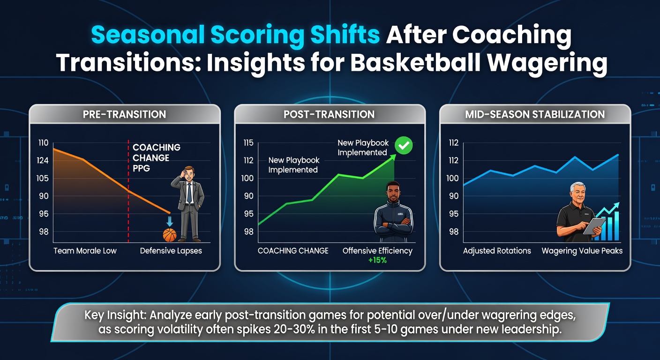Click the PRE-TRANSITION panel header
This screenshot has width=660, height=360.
pyautogui.click(x=124, y=114)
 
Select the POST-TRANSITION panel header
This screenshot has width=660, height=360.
pyautogui.click(x=329, y=114)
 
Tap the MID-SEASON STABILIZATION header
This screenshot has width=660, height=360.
pyautogui.click(x=535, y=114)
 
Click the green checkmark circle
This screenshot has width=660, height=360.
pyautogui.click(x=404, y=145)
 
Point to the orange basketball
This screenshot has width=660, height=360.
pyautogui.click(x=170, y=235)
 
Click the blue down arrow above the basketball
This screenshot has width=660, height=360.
pyautogui.click(x=170, y=222)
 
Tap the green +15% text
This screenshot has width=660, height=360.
pyautogui.click(x=377, y=260)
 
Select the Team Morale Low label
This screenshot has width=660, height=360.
pyautogui.click(x=85, y=251)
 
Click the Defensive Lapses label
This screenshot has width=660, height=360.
pyautogui.click(x=171, y=251)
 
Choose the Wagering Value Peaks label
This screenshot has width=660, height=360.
pyautogui.click(x=582, y=251)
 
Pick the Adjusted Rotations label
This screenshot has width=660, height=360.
pyautogui.click(x=497, y=251)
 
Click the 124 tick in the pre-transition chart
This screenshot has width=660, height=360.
pyautogui.click(x=43, y=161)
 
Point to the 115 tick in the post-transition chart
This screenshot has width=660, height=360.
pyautogui.click(x=248, y=143)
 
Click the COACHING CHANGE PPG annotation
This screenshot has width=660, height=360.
pyautogui.click(x=156, y=157)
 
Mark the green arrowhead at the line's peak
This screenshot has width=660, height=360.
pyautogui.click(x=393, y=157)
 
